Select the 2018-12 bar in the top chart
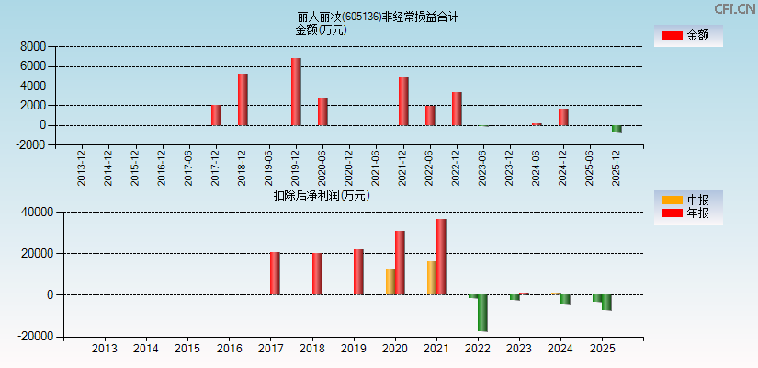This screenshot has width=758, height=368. click(x=243, y=99)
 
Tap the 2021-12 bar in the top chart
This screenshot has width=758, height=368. click(x=403, y=101)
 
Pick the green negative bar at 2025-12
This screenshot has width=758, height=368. click(x=617, y=129)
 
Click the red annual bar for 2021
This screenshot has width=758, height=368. click(x=441, y=257)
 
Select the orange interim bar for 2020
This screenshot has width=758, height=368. click(x=390, y=282)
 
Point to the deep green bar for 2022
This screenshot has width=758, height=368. click(x=482, y=313)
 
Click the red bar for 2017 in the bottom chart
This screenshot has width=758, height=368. click(x=275, y=273)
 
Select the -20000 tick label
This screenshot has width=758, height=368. click(x=34, y=337)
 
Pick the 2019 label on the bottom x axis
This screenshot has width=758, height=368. click(x=354, y=349)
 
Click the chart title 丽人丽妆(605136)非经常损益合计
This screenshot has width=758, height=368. click(x=379, y=17)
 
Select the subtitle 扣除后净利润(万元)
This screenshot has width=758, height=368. click(x=322, y=195)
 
